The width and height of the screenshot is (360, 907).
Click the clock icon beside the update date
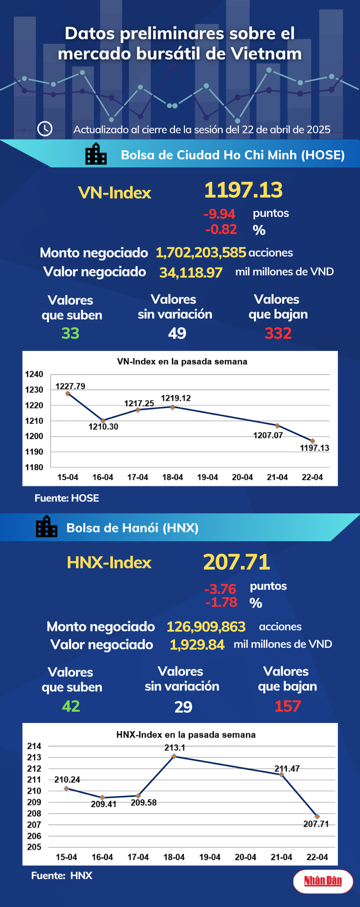coord(45,129)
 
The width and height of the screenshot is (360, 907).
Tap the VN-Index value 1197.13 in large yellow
coord(243,190)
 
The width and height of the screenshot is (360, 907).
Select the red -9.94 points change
coord(219,214)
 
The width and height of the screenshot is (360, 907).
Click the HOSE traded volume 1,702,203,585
coord(201,252)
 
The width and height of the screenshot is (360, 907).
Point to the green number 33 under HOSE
coord(70,333)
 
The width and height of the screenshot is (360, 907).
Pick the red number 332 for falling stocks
coord(278,333)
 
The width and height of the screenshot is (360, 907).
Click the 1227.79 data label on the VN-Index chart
coord(70,386)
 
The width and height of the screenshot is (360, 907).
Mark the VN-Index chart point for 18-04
coord(173,407)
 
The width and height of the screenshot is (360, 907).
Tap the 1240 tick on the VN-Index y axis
coord(34,374)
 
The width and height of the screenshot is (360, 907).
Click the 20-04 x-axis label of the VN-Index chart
coord(242,477)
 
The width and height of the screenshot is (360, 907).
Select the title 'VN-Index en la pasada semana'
coord(182,362)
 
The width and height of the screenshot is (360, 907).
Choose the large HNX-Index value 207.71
coord(237,562)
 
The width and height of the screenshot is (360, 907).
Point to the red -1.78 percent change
coord(221,602)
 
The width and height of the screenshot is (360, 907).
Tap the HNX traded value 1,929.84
coord(197,645)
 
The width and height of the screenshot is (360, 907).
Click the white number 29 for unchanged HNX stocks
coord(183,707)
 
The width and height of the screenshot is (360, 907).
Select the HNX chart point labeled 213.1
coord(174,757)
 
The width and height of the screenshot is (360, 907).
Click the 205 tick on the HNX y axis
coord(34,847)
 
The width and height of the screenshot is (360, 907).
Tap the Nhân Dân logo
coord(323,881)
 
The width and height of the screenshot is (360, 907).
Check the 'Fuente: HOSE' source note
coord(67,498)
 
